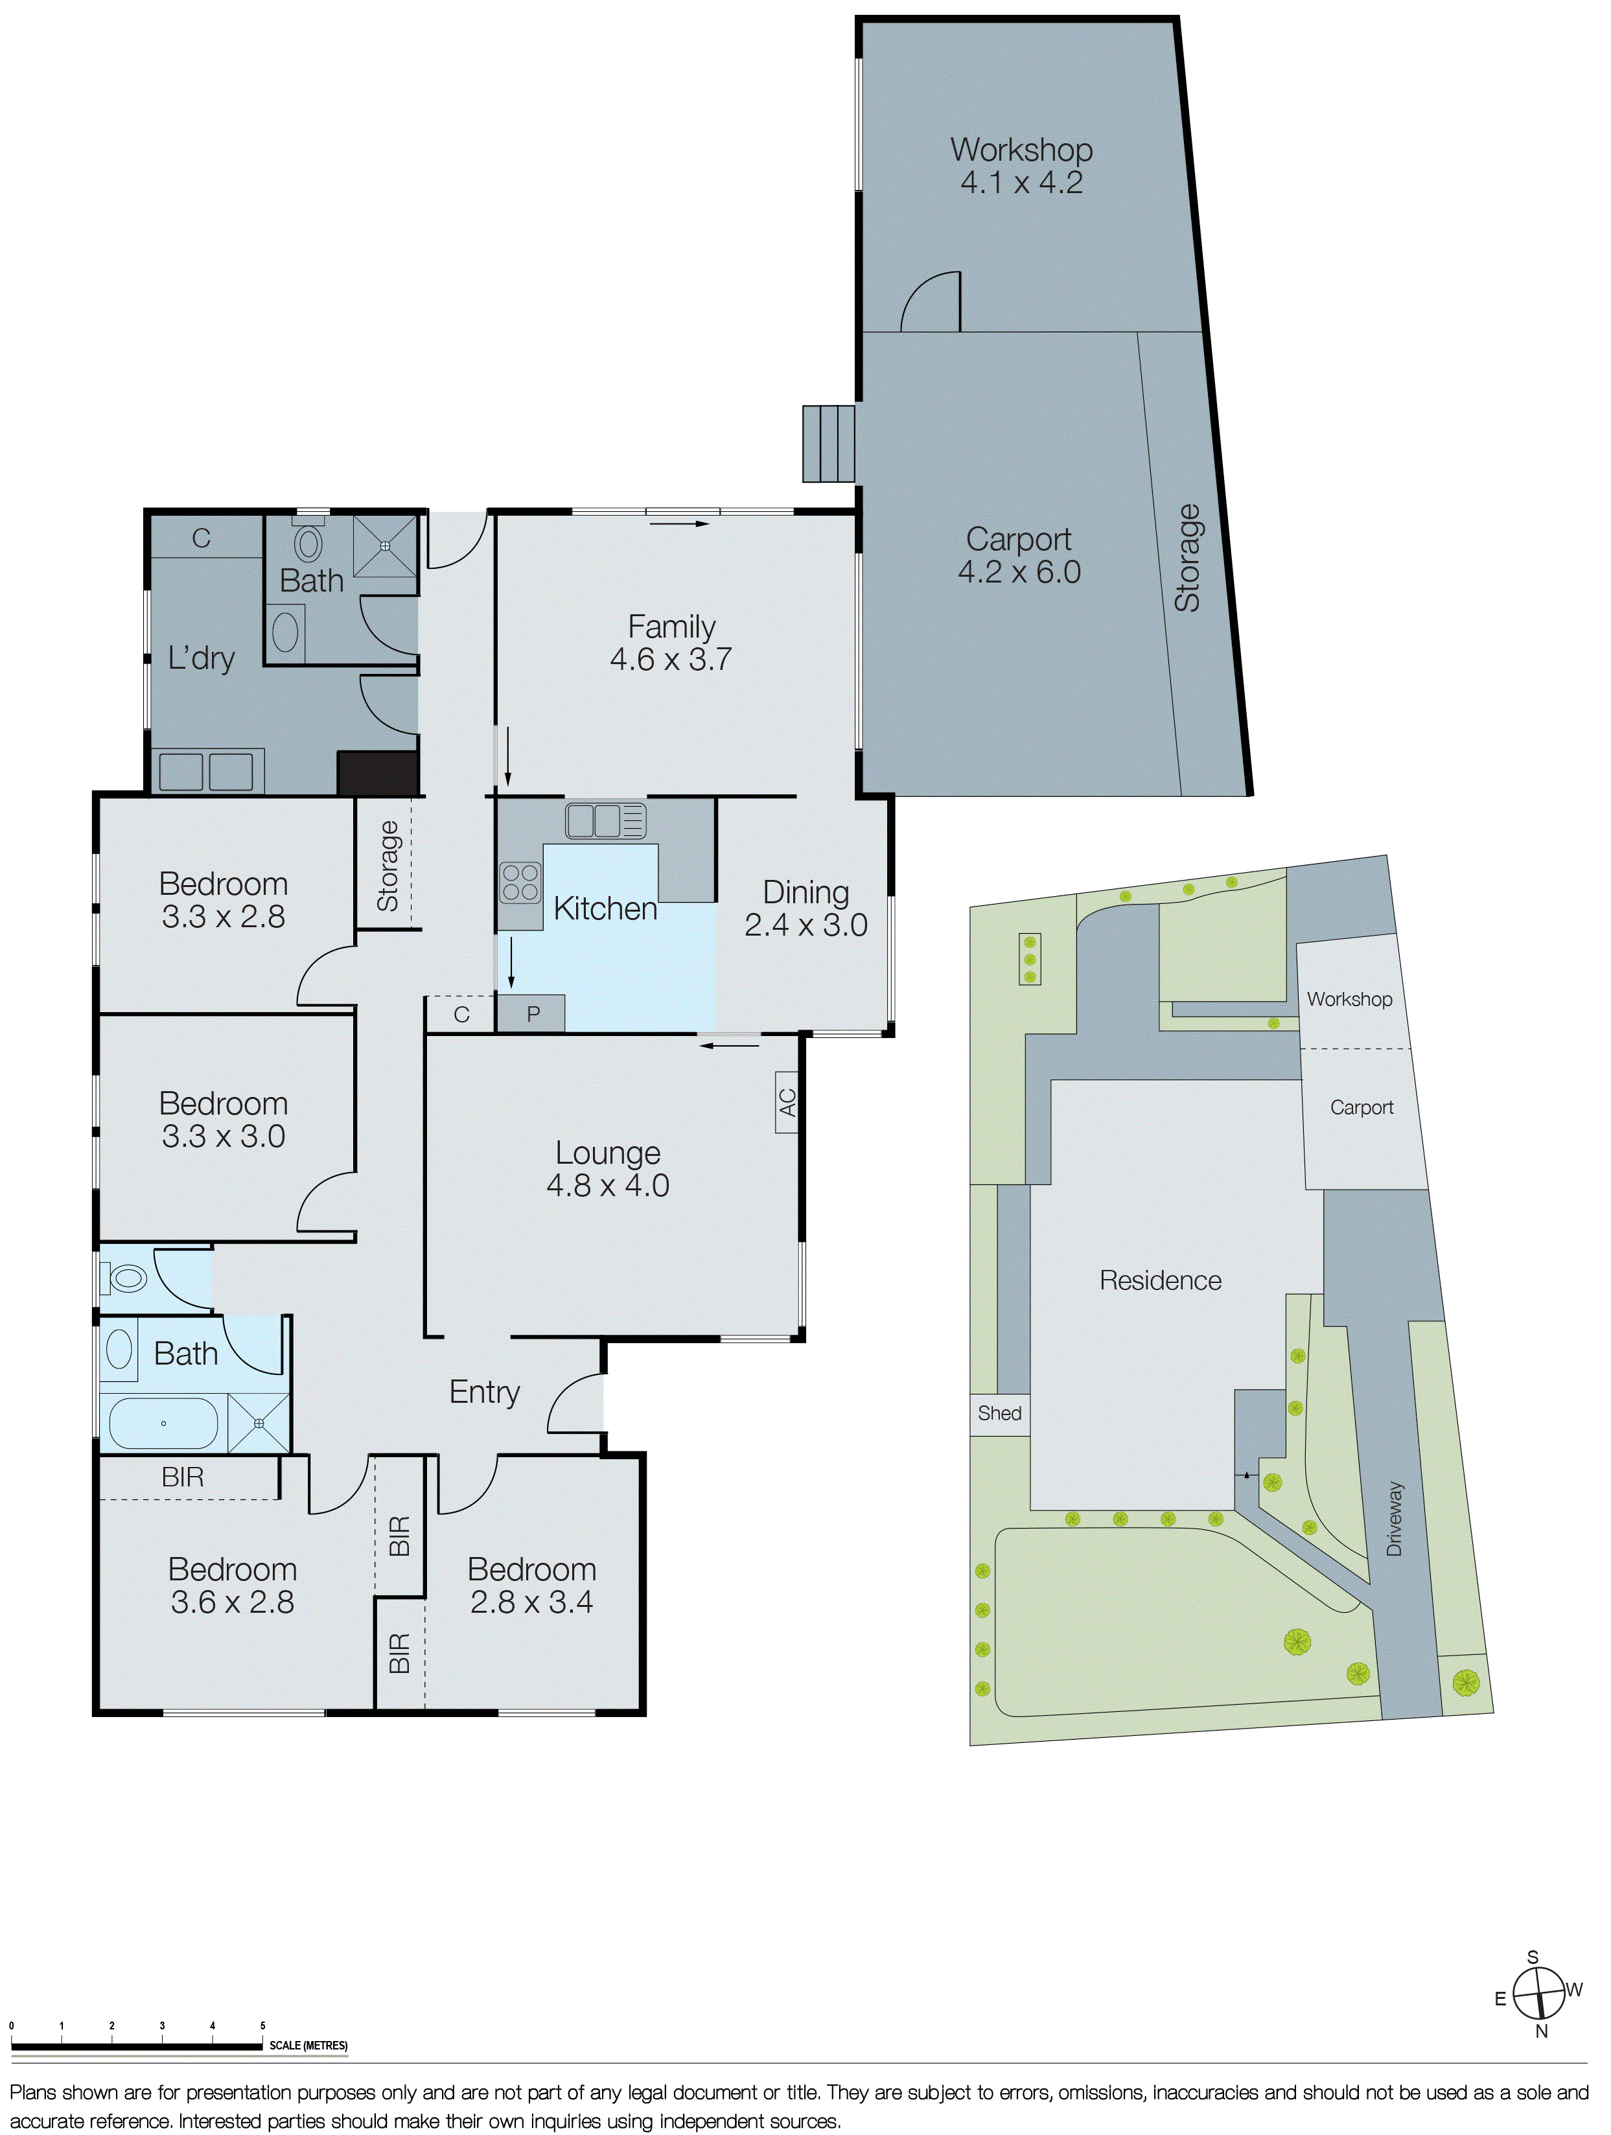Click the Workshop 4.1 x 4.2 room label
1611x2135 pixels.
tap(1021, 166)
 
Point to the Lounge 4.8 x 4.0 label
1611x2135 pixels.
tap(608, 1169)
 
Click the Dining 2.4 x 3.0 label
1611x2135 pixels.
tap(806, 908)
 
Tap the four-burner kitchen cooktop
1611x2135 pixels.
tap(520, 882)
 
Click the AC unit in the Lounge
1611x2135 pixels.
tap(787, 1102)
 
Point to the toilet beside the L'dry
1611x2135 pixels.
tap(308, 544)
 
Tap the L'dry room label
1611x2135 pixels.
tap(201, 658)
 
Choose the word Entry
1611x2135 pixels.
tap(485, 1392)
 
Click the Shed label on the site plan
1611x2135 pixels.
tap(999, 1413)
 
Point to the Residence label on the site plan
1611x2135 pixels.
tap(1160, 1281)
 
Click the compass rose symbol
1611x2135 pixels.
tap(1538, 1989)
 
